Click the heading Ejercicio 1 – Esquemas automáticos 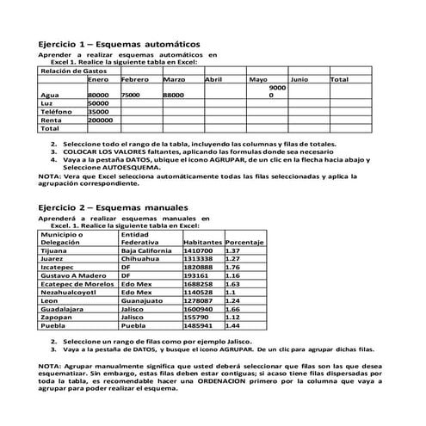point(120,42)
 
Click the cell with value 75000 point(131,95)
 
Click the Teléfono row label point(56,111)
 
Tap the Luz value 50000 point(99,102)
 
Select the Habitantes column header point(203,243)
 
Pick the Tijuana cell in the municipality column point(54,250)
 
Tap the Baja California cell point(151,250)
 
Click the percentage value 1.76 point(232,268)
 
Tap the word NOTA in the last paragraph point(49,367)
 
